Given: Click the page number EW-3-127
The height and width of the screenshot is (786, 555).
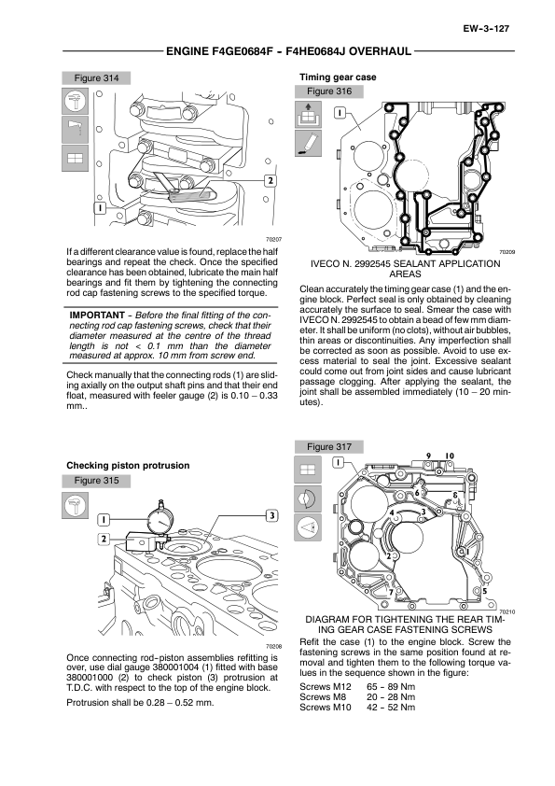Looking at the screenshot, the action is point(486,29).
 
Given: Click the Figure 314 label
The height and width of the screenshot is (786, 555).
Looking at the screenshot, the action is point(96,77).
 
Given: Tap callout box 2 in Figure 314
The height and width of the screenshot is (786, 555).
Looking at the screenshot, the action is point(270,180).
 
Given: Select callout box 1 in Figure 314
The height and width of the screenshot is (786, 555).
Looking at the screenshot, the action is point(100,207).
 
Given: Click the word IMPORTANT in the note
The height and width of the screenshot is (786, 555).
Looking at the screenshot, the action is point(97,316).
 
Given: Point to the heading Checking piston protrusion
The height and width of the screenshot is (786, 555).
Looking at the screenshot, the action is point(128,465).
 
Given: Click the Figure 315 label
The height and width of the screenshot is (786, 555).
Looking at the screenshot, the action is point(96,480).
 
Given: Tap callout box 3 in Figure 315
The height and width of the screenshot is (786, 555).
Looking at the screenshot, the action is point(271,515).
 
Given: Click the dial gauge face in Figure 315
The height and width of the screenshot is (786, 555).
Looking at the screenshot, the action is point(161,522).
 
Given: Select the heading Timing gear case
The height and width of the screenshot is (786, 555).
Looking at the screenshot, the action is point(338,77).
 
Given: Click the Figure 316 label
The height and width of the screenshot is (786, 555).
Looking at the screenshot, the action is point(329,91).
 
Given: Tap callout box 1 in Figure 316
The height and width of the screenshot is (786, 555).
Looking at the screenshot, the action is point(340,112).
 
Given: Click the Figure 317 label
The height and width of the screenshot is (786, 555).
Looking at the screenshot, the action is point(329,446).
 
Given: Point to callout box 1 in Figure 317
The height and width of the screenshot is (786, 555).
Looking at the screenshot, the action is point(340,462).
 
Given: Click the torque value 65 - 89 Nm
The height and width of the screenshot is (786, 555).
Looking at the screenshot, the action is point(391,687).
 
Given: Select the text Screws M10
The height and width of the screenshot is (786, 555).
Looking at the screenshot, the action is point(326,708).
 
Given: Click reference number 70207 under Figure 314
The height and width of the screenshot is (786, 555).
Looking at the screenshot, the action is point(273,240).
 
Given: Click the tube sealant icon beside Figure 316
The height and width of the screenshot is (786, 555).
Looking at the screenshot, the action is point(308,144).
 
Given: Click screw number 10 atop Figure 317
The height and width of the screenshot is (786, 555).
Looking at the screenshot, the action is point(450,456).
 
